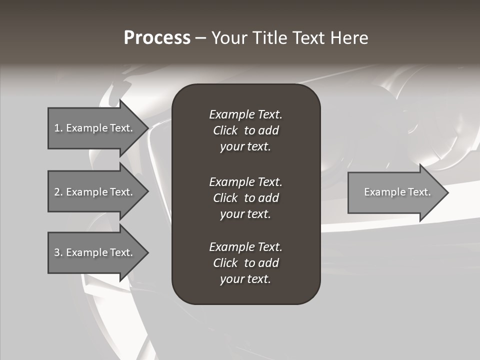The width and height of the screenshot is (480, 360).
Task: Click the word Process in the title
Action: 157,38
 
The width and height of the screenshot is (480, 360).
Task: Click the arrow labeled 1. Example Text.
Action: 95,128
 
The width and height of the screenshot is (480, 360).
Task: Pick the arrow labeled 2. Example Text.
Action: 95,192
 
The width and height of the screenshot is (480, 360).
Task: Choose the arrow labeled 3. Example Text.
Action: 95,252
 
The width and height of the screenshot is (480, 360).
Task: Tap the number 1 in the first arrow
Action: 57,128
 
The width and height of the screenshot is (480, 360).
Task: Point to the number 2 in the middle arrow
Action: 57,192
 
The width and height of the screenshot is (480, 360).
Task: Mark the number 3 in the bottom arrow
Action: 57,252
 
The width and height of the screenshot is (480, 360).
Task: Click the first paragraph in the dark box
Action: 245,130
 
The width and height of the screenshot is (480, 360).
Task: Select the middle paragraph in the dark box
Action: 245,198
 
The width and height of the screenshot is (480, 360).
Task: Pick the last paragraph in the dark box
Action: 245,263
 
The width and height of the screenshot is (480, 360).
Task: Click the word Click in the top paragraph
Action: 225,130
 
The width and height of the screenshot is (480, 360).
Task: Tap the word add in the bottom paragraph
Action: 269,263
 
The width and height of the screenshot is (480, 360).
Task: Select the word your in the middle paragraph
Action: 231,214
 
